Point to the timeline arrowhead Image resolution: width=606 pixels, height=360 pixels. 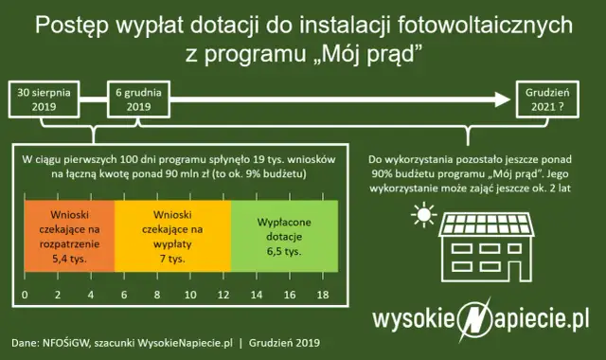click(499, 98)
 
